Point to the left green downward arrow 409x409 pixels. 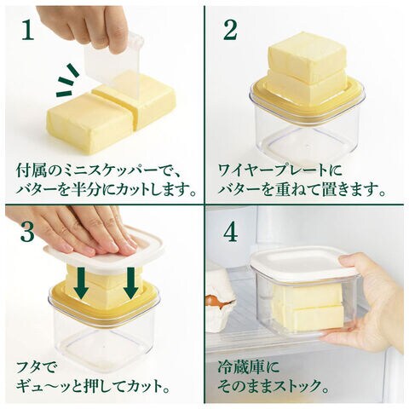tap(80, 284)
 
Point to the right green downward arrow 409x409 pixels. tap(131, 284)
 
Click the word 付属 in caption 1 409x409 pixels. tap(31, 170)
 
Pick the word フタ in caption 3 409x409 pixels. tap(30, 367)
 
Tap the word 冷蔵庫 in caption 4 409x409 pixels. tap(239, 367)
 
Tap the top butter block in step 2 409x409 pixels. tap(308, 56)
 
